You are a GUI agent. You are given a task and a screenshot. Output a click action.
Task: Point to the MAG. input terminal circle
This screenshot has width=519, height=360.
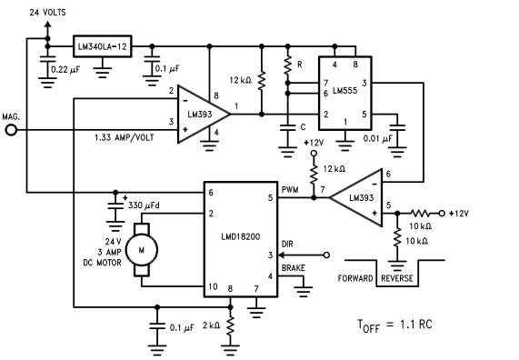click(x=12, y=131)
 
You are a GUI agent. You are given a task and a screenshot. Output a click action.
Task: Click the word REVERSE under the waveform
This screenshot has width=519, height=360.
click(x=402, y=279)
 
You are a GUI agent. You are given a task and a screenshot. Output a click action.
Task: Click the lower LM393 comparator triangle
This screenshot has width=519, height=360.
click(x=359, y=196)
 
